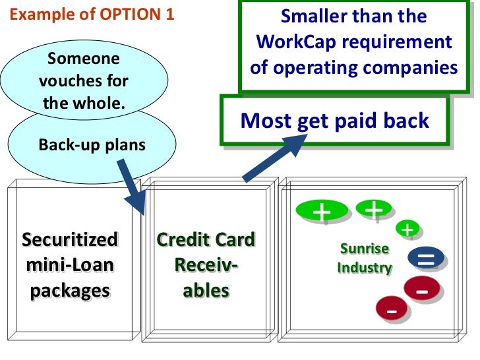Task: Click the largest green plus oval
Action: pos(322,212)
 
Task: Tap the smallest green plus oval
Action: pos(408,229)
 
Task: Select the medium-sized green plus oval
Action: pos(374,210)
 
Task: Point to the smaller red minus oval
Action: pos(392,309)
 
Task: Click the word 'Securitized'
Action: pos(70,239)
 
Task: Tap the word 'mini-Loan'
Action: pos(70,265)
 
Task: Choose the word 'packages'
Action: pos(70,291)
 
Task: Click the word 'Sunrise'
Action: pos(365,249)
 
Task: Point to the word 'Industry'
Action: pos(365,268)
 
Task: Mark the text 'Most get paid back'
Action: pos(335,121)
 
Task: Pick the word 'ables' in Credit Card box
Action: pos(206,291)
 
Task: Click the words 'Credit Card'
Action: pos(206,239)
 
